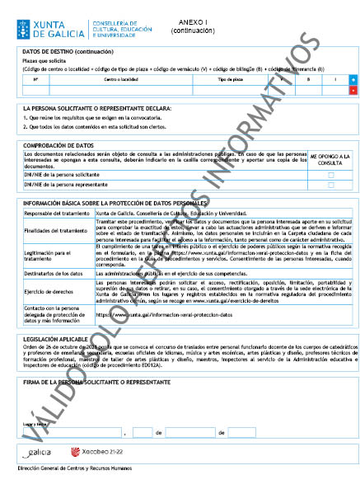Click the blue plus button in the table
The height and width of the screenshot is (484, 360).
tap(353, 79)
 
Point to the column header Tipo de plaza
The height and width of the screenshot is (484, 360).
tap(230, 79)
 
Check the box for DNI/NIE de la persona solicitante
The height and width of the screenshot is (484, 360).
tap(331, 175)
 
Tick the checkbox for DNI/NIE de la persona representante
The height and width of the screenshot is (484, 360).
tap(331, 186)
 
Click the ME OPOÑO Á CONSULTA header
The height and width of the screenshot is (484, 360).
tap(331, 159)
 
